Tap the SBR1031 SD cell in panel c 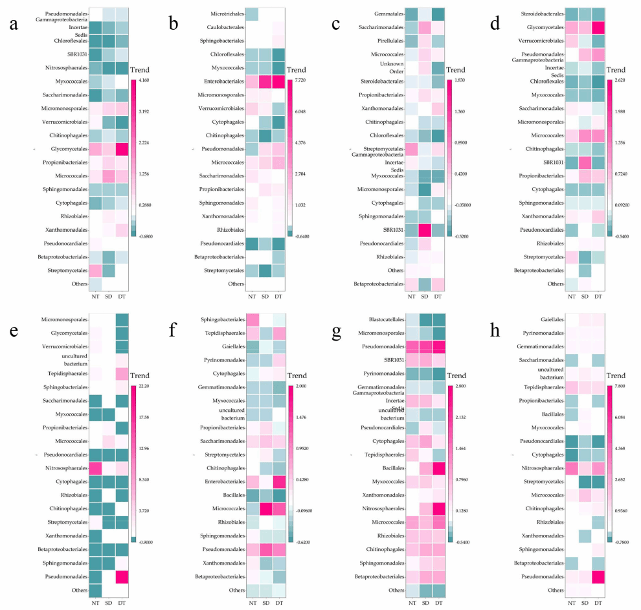click(x=425, y=231)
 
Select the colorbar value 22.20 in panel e click(x=144, y=386)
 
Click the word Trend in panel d click(x=616, y=71)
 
